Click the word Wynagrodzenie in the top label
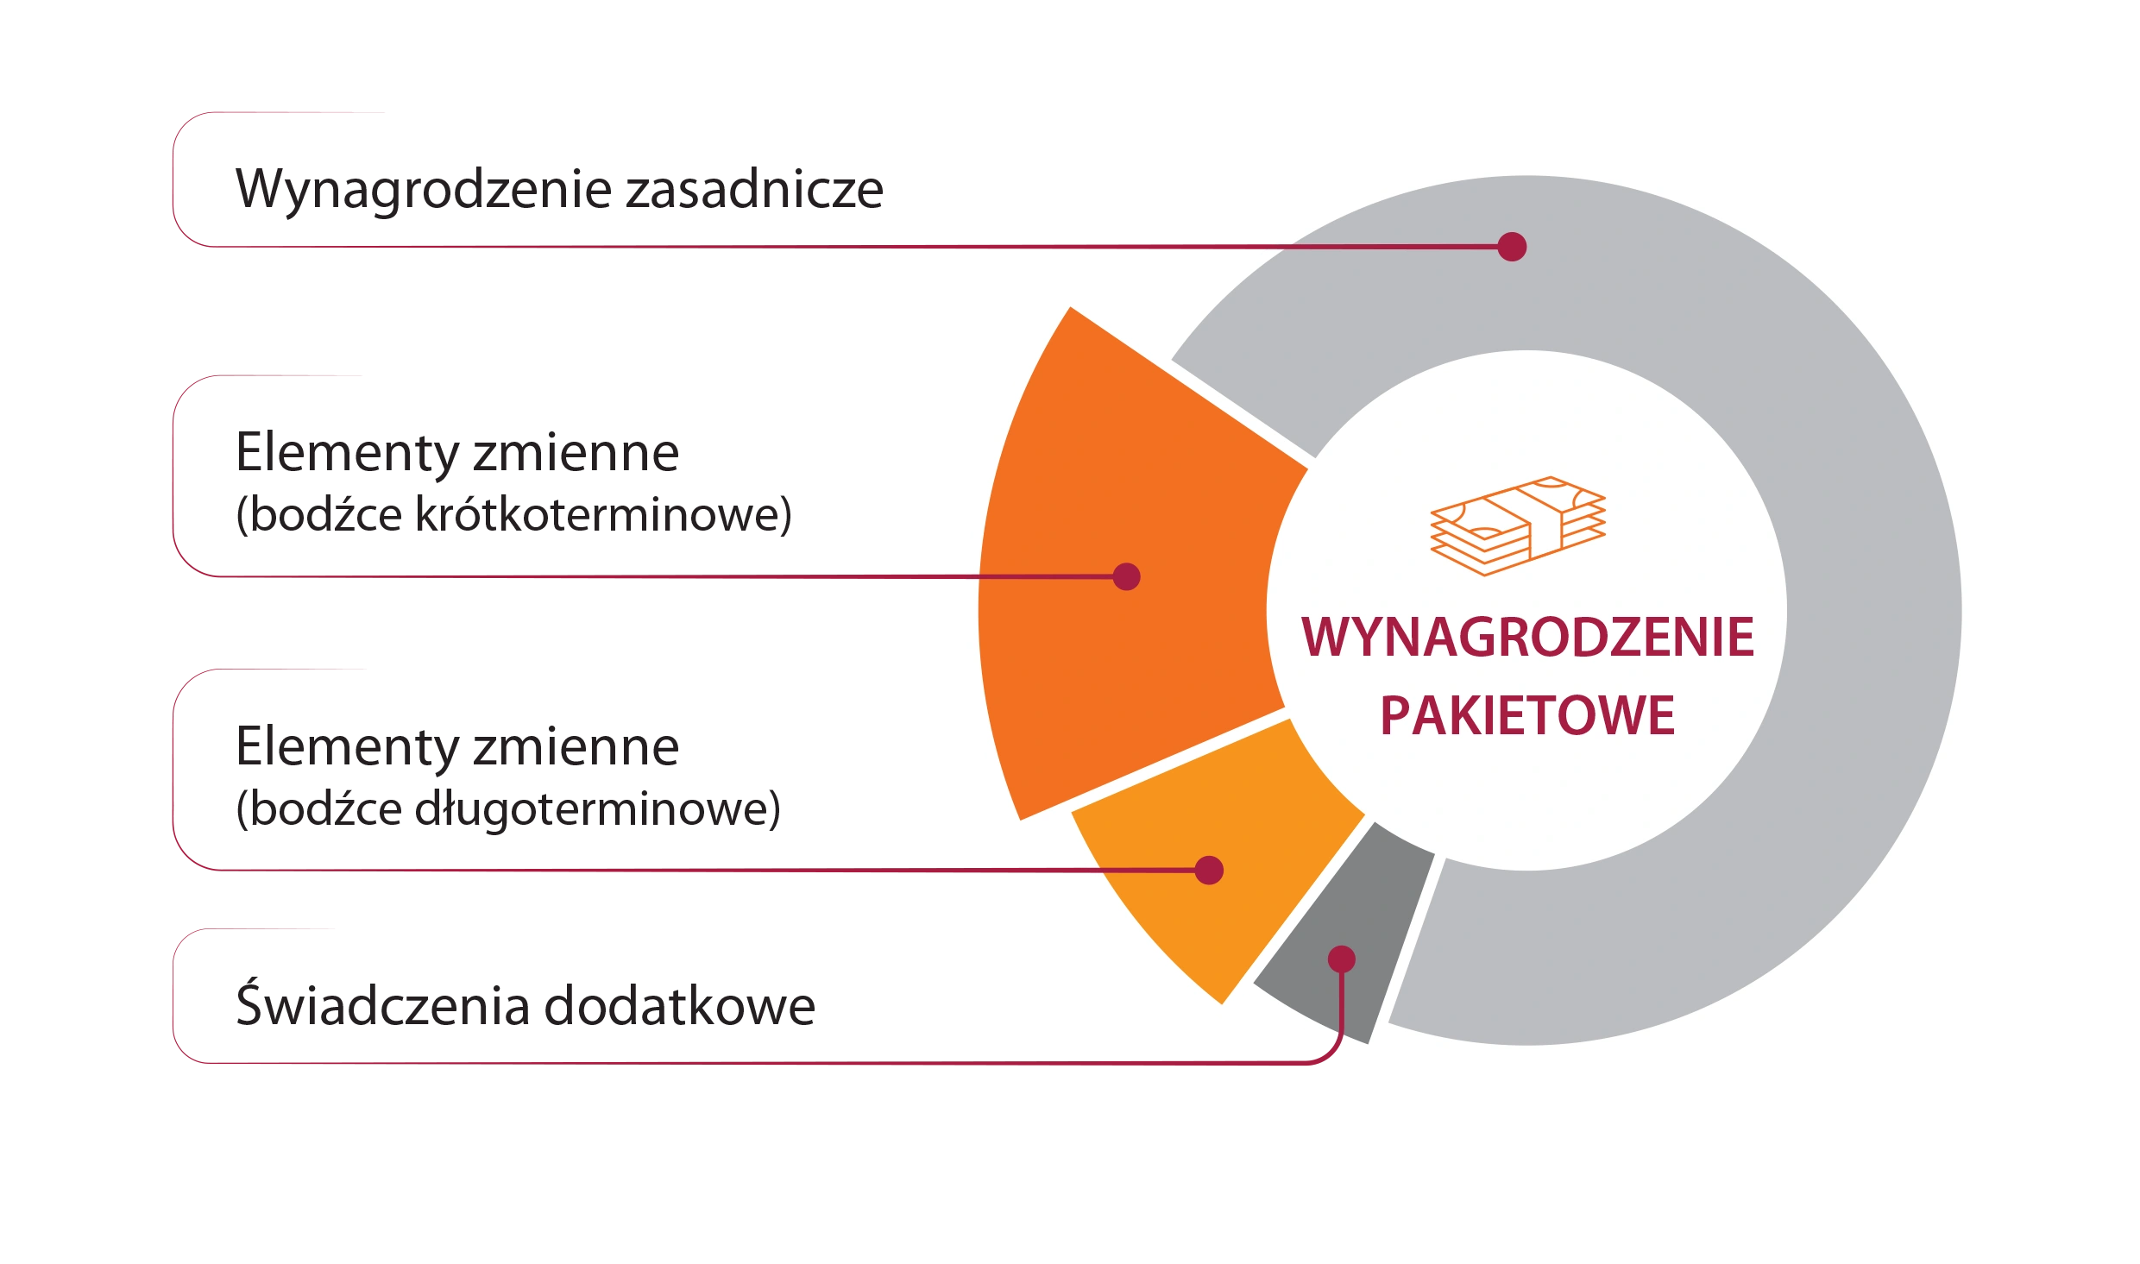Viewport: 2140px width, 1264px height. pyautogui.click(x=424, y=190)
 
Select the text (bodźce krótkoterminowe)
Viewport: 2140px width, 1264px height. pyautogui.click(x=514, y=515)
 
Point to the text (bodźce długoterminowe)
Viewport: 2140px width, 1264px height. pyautogui.click(x=508, y=809)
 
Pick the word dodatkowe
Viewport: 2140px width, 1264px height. pyautogui.click(x=680, y=1005)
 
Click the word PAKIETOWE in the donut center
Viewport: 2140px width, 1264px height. pyautogui.click(x=1527, y=715)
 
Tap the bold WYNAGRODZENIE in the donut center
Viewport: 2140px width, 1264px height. pyautogui.click(x=1527, y=637)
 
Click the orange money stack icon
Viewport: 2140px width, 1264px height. pyautogui.click(x=1518, y=525)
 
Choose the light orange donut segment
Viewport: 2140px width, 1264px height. pyautogui.click(x=1225, y=871)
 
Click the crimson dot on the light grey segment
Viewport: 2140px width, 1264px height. pyautogui.click(x=1512, y=247)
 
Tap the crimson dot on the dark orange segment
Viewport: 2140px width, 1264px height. pyautogui.click(x=1126, y=576)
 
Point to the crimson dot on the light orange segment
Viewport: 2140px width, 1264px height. pyautogui.click(x=1209, y=871)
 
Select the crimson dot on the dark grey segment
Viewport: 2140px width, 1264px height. pyautogui.click(x=1342, y=959)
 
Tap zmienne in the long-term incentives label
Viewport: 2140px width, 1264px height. pyautogui.click(x=576, y=746)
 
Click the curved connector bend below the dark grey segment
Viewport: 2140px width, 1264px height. pyautogui.click(x=1333, y=1051)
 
